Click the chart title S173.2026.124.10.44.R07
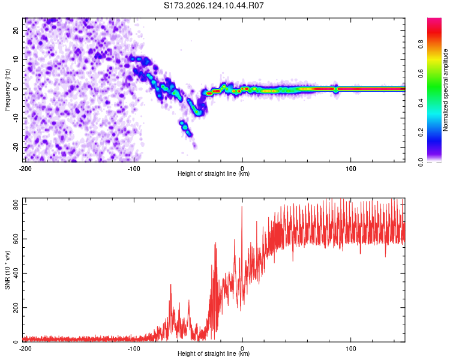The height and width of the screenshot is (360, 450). point(214,5)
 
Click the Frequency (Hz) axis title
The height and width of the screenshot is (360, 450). point(7,90)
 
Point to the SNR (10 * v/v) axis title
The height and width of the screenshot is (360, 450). point(7,270)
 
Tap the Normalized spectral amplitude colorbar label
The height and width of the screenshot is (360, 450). point(445,90)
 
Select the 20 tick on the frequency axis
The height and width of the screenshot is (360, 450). point(16,30)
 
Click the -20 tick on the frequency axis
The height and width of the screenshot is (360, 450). point(16,147)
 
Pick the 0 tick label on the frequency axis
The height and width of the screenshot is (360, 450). point(16,89)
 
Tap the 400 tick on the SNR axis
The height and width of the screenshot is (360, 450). point(16,273)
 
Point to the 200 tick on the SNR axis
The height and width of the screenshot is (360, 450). point(16,307)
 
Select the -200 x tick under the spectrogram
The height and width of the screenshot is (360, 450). point(25,169)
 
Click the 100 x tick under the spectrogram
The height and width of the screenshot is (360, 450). point(351,169)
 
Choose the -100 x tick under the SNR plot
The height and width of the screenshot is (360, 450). point(134,349)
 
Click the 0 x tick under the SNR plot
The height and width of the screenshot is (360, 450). point(242,349)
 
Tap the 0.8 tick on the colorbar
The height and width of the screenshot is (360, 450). point(421,44)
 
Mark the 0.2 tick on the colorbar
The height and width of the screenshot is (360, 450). point(421,133)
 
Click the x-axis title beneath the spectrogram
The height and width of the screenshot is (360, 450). point(214,173)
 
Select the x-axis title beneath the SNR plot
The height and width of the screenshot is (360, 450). point(214,353)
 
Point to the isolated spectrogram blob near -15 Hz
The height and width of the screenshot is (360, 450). point(185,128)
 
